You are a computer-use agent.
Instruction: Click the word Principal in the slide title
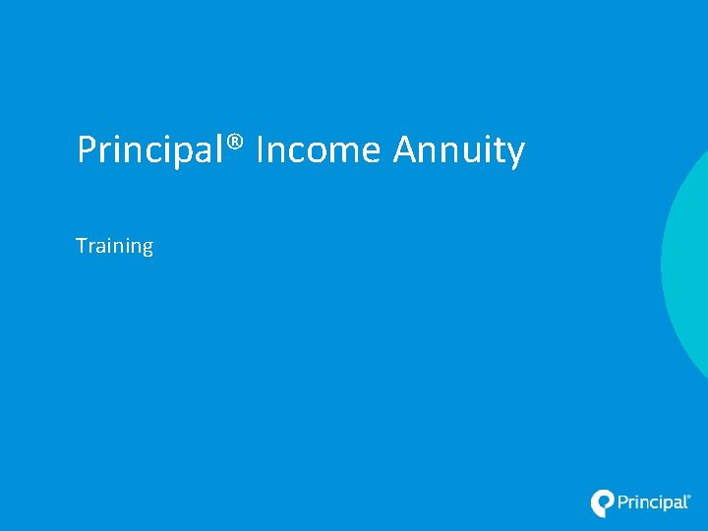tap(152, 150)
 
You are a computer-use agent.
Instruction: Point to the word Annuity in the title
tap(459, 150)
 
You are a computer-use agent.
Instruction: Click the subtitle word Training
tap(115, 246)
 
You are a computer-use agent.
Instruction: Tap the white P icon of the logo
tap(602, 502)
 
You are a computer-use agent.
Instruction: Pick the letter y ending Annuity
tap(517, 154)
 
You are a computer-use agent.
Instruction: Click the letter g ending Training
tap(147, 249)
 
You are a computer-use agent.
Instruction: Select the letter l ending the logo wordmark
tap(686, 502)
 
